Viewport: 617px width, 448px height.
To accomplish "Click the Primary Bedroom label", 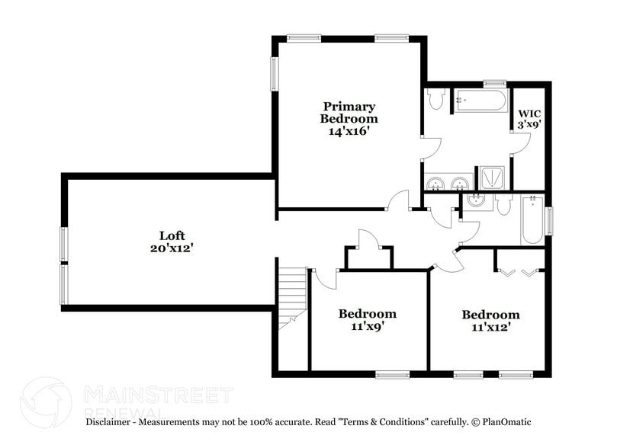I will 349,118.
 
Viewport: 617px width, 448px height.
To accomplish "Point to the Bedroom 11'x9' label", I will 368,321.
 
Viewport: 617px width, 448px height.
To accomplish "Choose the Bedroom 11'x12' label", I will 490,321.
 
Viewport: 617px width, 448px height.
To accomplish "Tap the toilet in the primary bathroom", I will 436,100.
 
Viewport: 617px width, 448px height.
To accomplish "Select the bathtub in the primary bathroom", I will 480,100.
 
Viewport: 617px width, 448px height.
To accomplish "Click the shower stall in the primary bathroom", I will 490,178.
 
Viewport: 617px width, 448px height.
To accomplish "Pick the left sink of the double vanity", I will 436,183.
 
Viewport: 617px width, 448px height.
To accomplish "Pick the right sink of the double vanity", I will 459,183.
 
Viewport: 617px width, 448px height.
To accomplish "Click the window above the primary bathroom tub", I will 494,83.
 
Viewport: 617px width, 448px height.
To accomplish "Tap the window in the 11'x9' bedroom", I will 391,374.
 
